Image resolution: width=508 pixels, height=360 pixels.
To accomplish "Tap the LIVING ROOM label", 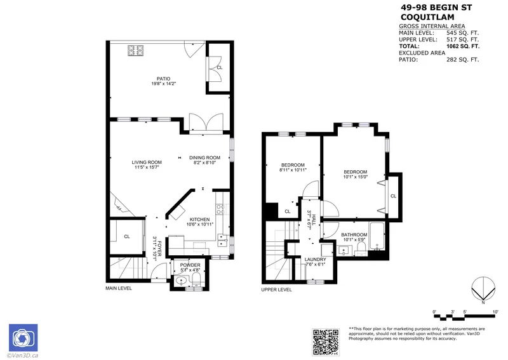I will click(x=147, y=162).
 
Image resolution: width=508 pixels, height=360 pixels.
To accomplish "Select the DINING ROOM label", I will click(x=204, y=157).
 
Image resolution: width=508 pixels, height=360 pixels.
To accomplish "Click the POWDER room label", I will click(x=190, y=265).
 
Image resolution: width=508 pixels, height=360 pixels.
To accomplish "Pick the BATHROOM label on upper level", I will click(x=354, y=235).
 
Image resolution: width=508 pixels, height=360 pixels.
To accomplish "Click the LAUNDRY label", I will click(x=316, y=259).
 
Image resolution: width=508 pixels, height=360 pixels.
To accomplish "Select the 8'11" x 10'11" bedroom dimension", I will click(x=293, y=170).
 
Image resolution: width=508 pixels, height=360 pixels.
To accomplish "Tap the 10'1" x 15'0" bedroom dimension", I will click(x=356, y=177).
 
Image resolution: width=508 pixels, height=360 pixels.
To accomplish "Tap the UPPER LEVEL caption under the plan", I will click(x=276, y=290).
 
